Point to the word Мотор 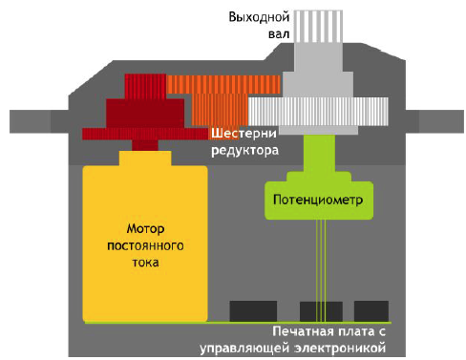click(x=146, y=229)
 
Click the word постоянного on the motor click(x=146, y=245)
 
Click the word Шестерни click(x=244, y=135)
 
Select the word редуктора click(x=245, y=151)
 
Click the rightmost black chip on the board click(x=372, y=311)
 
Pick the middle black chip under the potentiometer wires click(x=321, y=311)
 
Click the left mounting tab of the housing click(x=33, y=122)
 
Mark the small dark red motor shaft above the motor click(x=145, y=145)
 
